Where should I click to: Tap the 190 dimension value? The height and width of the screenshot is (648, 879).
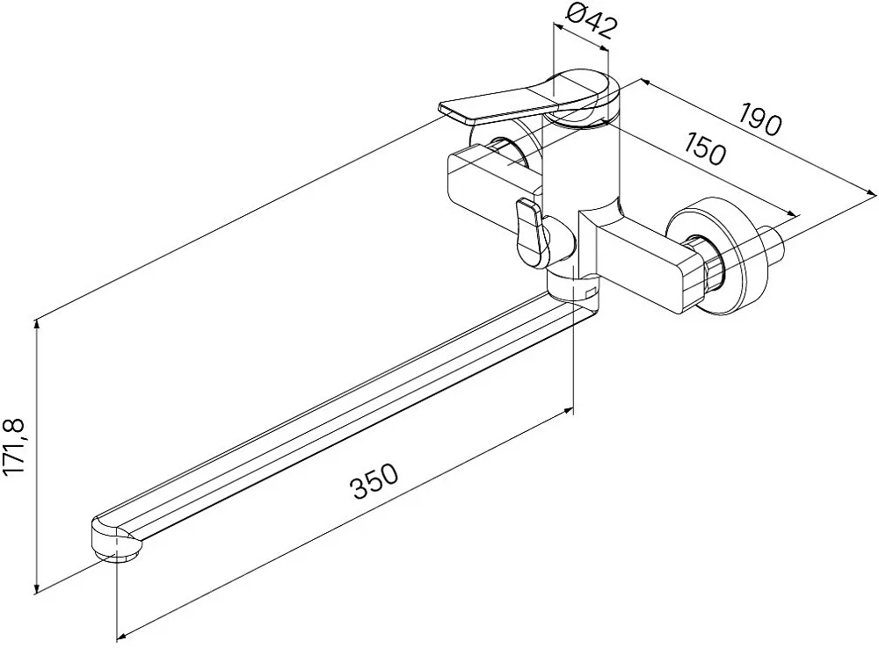[759, 119]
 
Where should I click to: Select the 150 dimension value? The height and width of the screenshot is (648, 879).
[705, 148]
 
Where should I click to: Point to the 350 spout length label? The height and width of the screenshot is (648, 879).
[375, 481]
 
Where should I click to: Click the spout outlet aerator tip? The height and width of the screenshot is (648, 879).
[117, 554]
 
